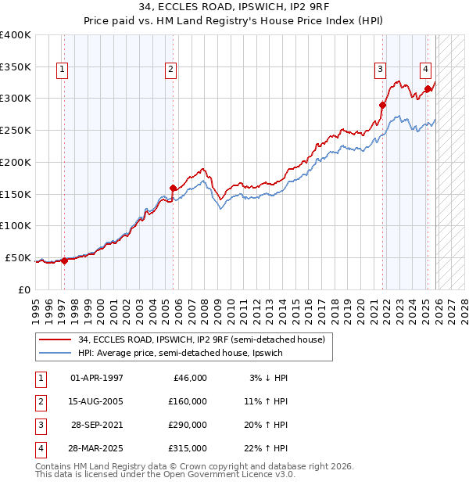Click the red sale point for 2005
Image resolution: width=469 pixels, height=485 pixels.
173,188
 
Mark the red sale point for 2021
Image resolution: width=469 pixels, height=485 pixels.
383,105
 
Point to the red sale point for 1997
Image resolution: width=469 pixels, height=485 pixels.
64,261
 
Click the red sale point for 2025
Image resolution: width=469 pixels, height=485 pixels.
428,89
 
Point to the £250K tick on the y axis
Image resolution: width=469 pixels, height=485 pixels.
16,131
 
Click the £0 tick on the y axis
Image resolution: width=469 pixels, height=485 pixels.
24,289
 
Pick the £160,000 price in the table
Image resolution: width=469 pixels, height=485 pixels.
187,401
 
